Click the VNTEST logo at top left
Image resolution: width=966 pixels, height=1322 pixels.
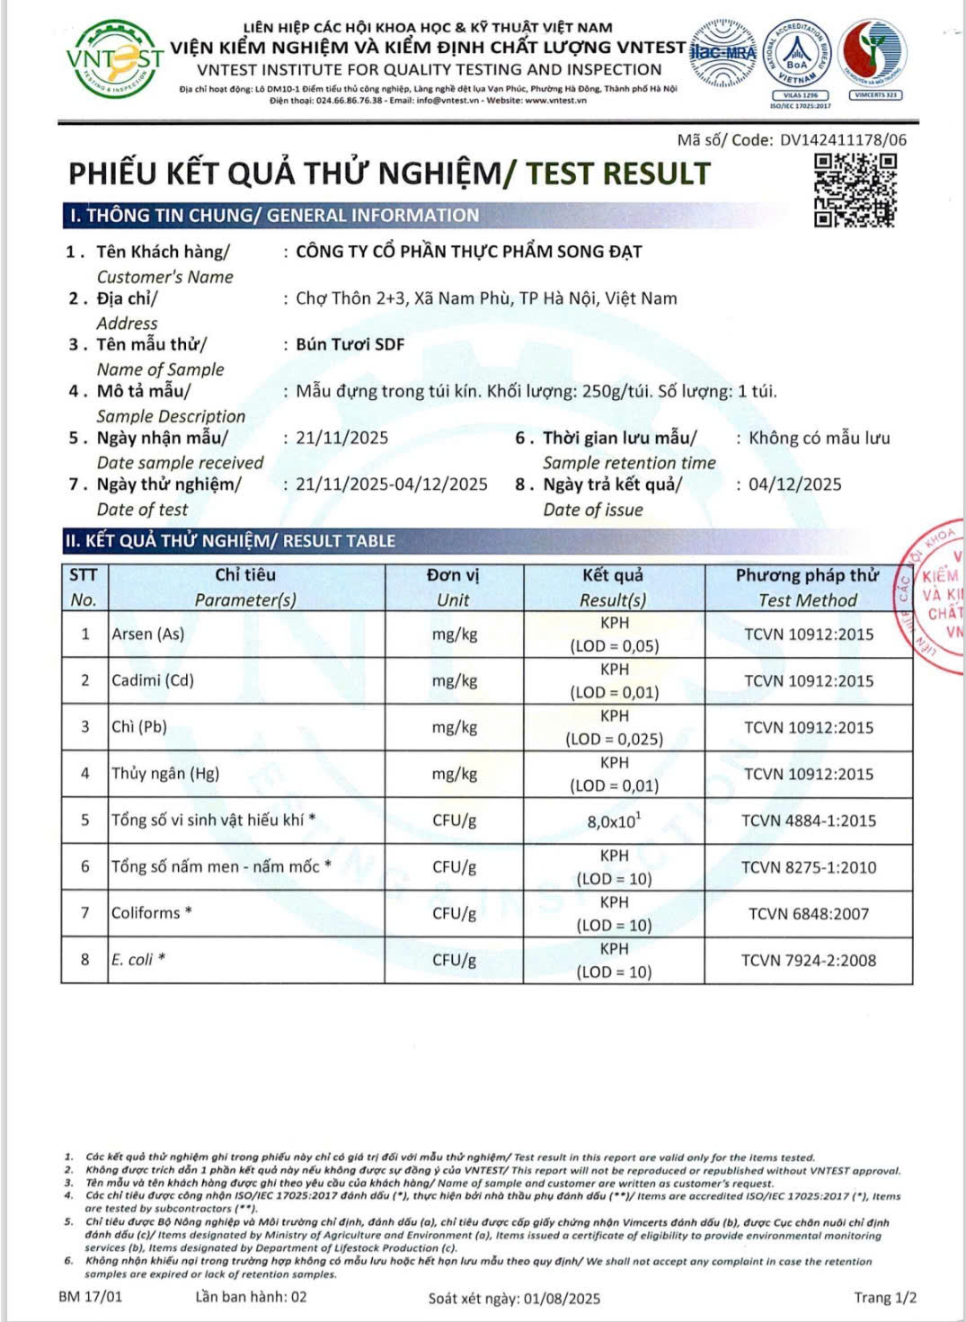click(114, 60)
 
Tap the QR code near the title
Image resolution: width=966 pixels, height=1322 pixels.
click(855, 190)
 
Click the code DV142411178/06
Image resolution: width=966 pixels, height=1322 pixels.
click(843, 140)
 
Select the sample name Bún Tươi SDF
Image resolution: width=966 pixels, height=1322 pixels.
click(350, 344)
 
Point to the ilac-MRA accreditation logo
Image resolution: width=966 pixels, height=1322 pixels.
click(722, 53)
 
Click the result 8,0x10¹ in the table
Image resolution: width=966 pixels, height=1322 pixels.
click(614, 821)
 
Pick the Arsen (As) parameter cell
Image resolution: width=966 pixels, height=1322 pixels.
click(148, 634)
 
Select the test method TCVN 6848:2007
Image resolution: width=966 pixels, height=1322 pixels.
click(809, 914)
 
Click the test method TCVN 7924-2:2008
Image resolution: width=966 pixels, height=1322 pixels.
click(809, 961)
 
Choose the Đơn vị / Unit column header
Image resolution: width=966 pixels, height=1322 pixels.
click(454, 588)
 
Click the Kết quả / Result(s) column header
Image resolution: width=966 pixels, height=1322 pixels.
click(613, 588)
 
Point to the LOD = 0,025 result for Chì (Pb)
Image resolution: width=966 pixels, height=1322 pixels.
click(614, 739)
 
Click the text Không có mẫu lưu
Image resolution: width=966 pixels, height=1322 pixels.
click(820, 438)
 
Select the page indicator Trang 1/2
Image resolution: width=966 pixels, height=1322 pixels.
click(885, 1297)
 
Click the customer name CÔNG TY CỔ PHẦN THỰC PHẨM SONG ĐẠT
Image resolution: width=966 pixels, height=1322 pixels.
click(469, 252)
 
